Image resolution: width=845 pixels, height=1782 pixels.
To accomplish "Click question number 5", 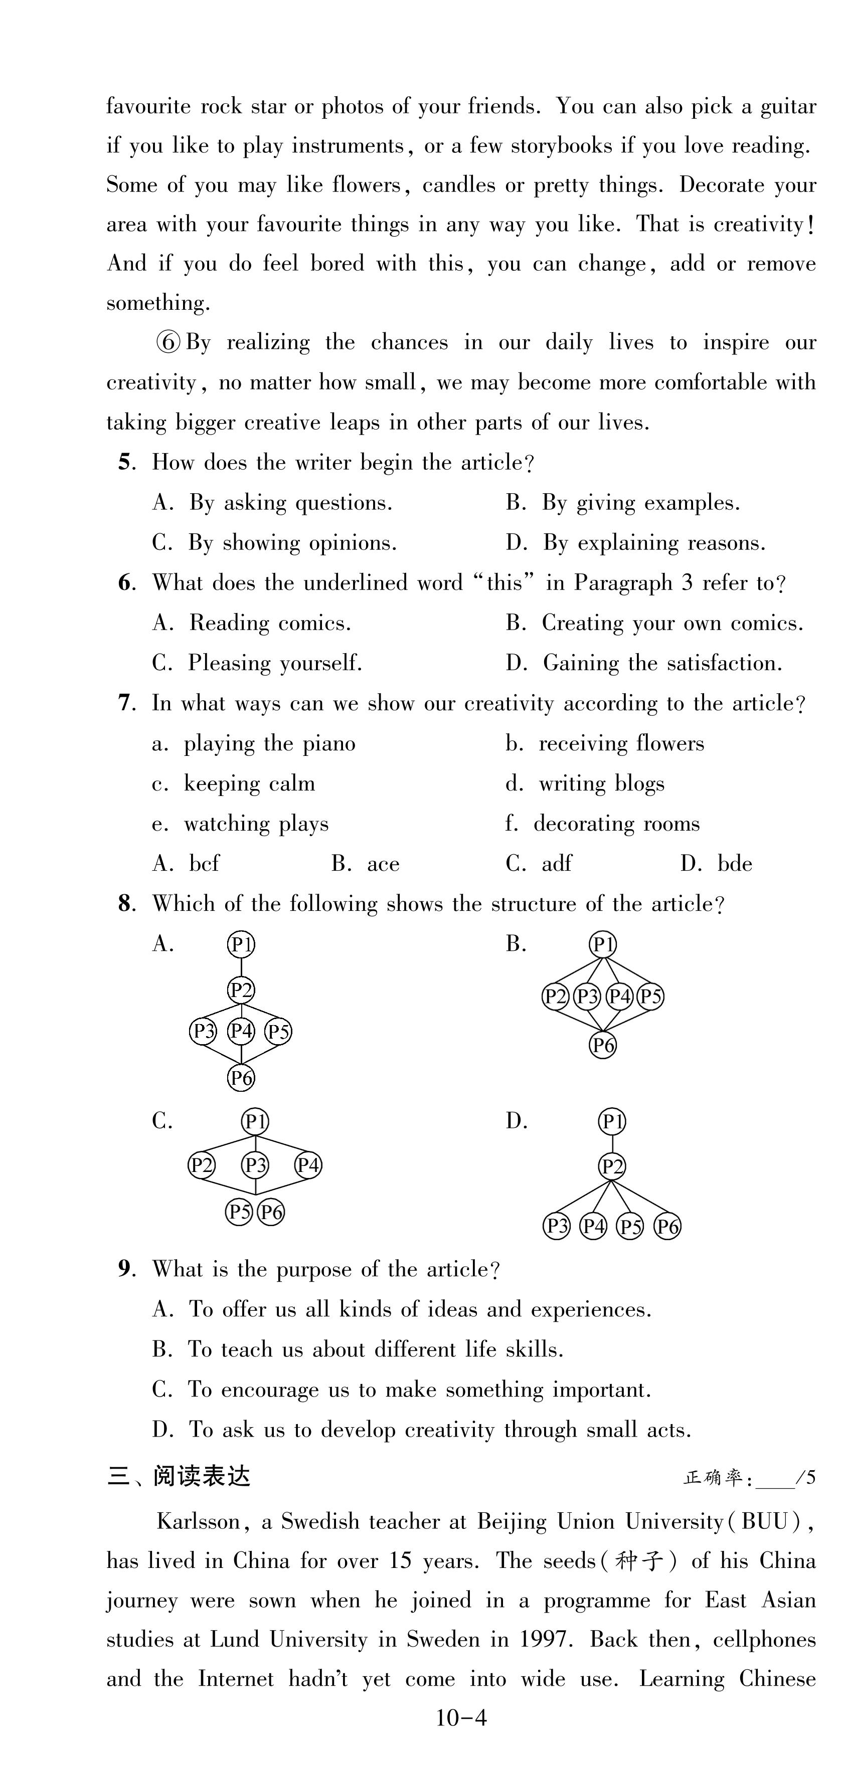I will tap(124, 462).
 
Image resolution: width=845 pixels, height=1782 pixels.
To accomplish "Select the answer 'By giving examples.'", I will tap(640, 503).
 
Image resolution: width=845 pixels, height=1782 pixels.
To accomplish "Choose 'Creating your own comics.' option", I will tap(672, 623).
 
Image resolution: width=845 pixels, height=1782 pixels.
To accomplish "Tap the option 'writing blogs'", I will tap(601, 784).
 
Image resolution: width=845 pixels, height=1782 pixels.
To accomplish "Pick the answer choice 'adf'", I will tap(557, 864).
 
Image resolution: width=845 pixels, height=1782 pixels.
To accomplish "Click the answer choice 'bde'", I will tap(734, 864).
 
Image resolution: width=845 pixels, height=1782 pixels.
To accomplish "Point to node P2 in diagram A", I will tap(241, 990).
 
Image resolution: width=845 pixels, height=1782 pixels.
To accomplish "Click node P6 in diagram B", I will tap(603, 1045).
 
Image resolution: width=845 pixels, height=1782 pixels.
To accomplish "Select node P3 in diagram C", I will tap(255, 1165).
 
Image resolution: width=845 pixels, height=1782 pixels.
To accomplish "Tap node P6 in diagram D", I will tap(667, 1227).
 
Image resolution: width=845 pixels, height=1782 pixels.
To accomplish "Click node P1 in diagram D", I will tap(612, 1121).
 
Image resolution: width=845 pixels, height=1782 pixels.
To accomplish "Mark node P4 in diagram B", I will tap(619, 997).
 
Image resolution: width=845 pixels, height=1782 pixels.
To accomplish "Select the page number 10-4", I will tap(461, 1718).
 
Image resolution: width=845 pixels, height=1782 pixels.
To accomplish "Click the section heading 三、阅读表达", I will tap(179, 1476).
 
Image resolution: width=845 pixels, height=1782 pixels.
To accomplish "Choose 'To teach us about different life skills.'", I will tap(375, 1349).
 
